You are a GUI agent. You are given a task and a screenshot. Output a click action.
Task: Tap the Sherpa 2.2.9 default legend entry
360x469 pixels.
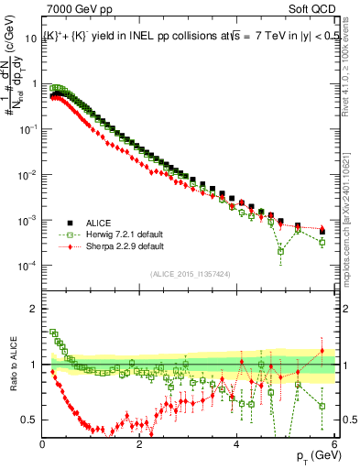125,247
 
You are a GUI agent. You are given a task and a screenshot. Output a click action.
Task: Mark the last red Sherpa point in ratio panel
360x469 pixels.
322,351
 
